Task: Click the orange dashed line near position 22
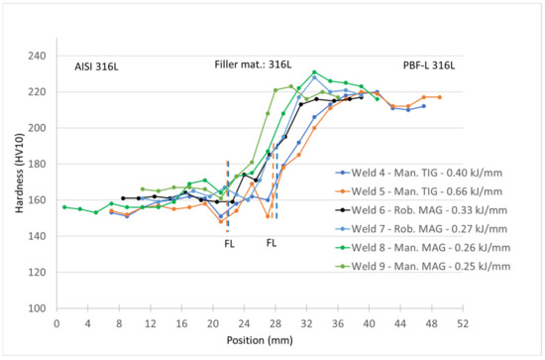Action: coord(228,188)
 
